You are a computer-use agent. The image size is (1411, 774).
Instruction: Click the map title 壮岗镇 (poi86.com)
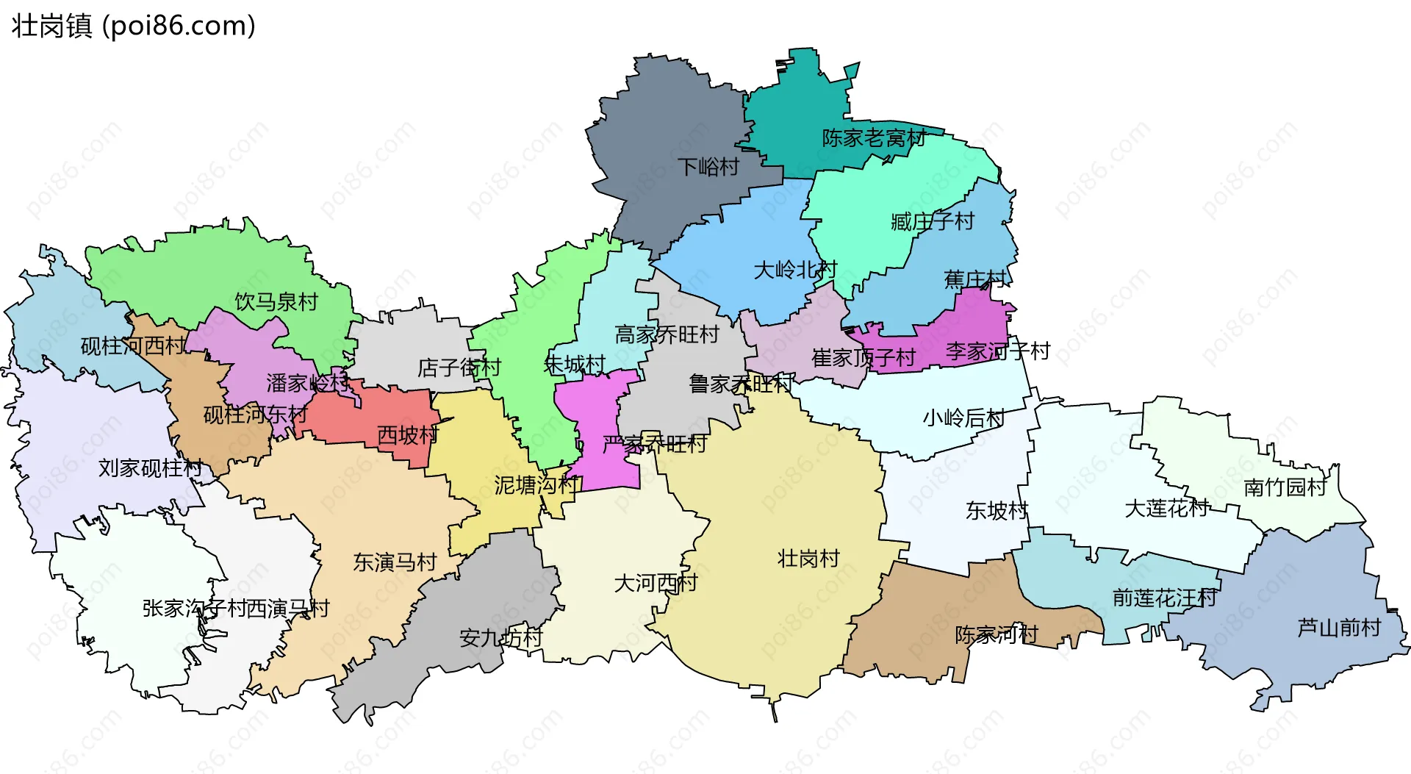133,26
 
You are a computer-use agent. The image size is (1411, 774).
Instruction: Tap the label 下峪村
708,167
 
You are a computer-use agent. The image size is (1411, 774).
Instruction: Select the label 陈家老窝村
873,137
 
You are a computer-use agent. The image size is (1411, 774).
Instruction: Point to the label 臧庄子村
932,221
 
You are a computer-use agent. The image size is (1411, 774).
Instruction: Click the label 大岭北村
794,270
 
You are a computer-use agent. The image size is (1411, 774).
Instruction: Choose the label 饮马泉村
276,301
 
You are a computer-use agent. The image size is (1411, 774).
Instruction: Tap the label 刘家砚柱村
150,467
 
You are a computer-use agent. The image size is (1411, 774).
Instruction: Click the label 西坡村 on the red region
407,435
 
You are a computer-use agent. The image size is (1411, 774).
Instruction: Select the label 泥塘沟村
536,484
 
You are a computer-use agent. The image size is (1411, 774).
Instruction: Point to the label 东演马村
395,562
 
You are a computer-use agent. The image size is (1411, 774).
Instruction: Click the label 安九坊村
500,637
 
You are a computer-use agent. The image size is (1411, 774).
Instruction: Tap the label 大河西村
655,583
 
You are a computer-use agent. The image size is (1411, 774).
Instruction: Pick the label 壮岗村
808,559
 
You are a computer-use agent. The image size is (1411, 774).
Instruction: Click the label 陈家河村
996,634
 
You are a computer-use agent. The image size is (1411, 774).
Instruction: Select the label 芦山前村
1338,628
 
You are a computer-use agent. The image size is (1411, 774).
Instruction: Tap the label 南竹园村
1285,487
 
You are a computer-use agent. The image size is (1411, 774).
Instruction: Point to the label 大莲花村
1166,508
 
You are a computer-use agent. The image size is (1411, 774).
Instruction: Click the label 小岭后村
963,418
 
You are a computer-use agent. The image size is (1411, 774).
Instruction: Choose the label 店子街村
459,367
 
